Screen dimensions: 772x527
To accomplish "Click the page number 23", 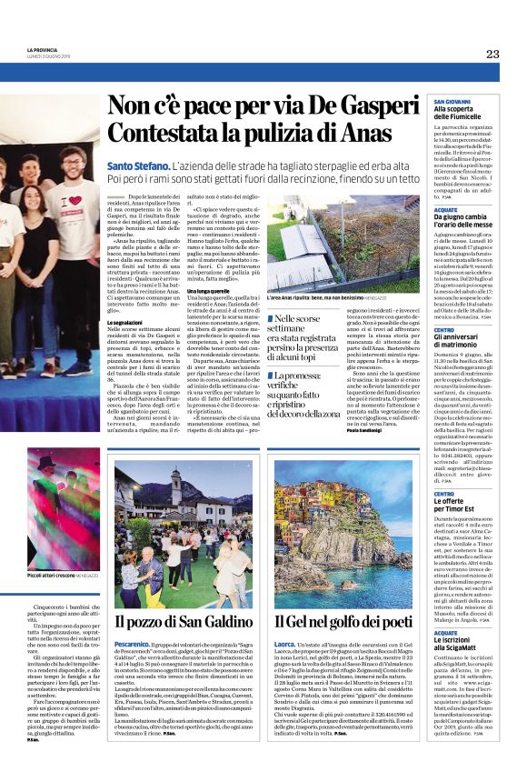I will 492,55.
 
